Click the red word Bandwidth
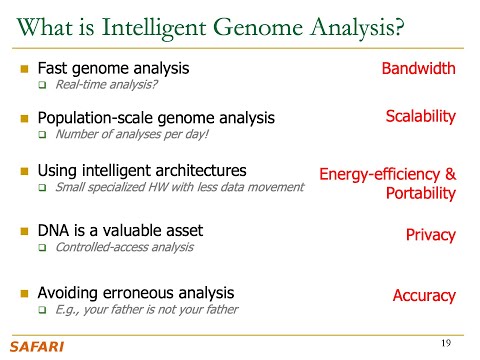tap(418, 69)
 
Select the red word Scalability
tap(420, 117)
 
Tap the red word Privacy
tap(430, 235)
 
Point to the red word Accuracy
tap(424, 295)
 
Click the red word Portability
tap(420, 193)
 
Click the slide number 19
tap(448, 344)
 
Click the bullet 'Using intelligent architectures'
tap(141, 169)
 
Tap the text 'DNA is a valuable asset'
tap(117, 231)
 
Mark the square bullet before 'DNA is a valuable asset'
tap(25, 231)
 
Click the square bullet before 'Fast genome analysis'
tap(25, 69)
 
